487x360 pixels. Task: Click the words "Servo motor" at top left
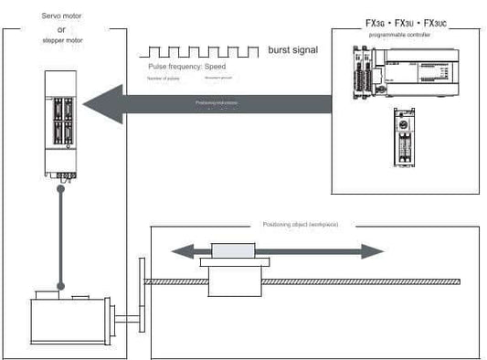click(x=61, y=16)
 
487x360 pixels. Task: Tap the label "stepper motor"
click(x=61, y=40)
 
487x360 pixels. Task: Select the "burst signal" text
click(x=292, y=49)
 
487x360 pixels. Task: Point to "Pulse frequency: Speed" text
click(x=185, y=69)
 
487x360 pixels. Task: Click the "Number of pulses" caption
click(x=163, y=80)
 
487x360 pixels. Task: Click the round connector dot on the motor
click(x=61, y=286)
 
